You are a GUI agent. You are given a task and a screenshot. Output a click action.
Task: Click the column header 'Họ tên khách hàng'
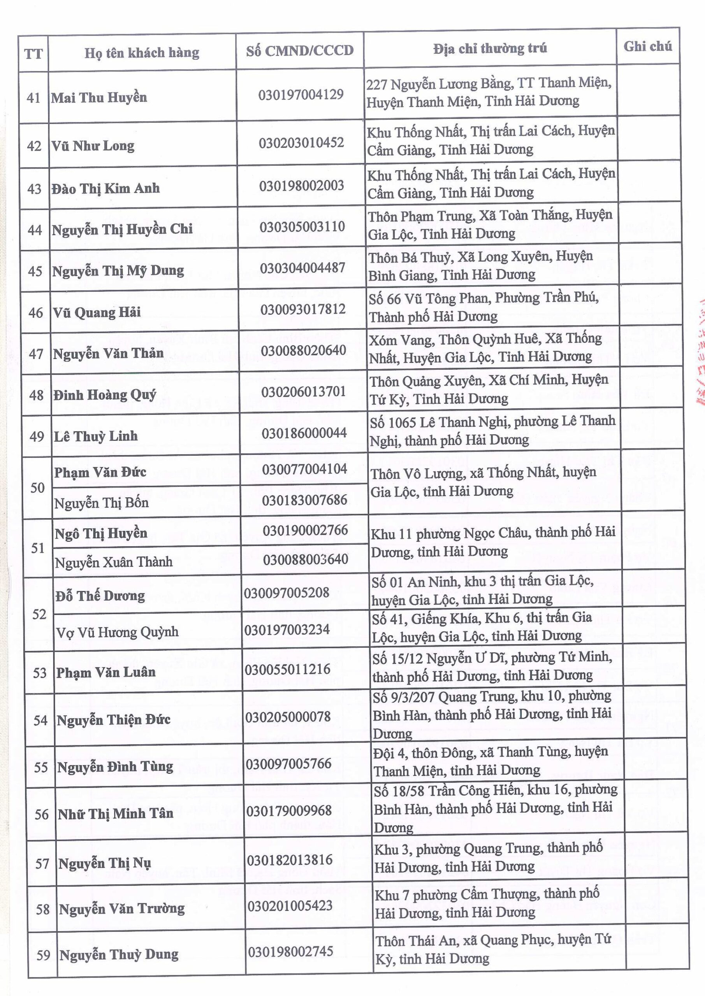coord(142,53)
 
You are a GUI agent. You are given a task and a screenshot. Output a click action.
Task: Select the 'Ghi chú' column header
coord(647,46)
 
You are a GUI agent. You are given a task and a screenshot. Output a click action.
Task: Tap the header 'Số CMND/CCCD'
coord(299,51)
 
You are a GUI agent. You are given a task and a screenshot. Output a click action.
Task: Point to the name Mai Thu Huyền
coord(99,97)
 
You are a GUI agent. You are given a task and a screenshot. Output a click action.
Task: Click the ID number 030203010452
coord(301,143)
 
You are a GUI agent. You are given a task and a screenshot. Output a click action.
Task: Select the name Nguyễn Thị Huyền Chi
coord(122,230)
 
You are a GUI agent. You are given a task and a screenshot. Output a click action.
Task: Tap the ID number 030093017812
coord(302,309)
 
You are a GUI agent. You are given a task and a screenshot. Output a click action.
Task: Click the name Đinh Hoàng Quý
coord(105,395)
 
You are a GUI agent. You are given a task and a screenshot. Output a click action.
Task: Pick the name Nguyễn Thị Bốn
coord(101,503)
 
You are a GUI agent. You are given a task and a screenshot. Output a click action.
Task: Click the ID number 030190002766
coord(305,530)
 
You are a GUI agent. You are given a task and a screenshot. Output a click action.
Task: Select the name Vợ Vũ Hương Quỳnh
coord(117,631)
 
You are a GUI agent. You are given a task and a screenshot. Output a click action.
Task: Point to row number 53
coord(39,673)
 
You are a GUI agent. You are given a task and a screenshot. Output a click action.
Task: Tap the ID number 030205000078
coord(288,717)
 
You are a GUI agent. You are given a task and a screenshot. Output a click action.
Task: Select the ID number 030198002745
coord(291,961)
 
